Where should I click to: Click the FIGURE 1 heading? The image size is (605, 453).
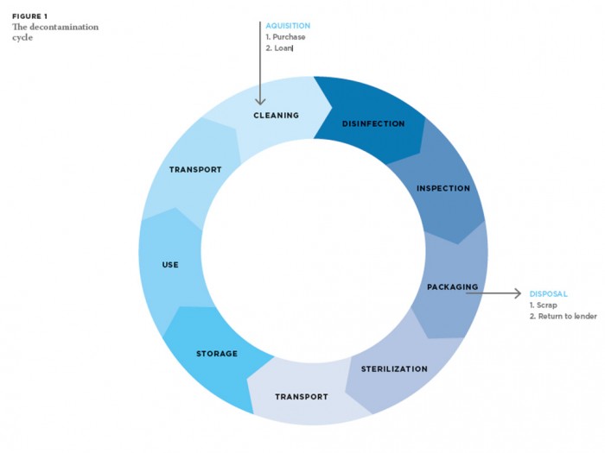[29, 16]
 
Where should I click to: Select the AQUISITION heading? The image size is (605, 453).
[288, 26]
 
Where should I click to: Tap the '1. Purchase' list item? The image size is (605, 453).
[285, 37]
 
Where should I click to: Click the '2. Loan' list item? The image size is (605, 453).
[280, 49]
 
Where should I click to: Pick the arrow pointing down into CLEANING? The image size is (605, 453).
[260, 69]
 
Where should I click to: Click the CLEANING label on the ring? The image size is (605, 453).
[276, 115]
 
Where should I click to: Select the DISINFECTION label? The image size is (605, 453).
[373, 123]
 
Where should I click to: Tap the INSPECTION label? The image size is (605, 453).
[443, 188]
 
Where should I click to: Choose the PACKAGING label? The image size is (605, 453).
[452, 286]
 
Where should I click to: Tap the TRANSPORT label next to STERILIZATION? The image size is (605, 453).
[302, 397]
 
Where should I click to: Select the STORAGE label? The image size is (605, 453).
[216, 354]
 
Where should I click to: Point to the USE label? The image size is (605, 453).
[170, 264]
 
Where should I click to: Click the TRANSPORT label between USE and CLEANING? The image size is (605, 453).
[195, 170]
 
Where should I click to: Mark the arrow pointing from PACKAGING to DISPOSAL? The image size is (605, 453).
[494, 293]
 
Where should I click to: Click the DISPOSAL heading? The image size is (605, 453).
[548, 293]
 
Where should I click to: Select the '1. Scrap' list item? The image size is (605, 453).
[544, 305]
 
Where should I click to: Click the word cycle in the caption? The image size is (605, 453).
[22, 37]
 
